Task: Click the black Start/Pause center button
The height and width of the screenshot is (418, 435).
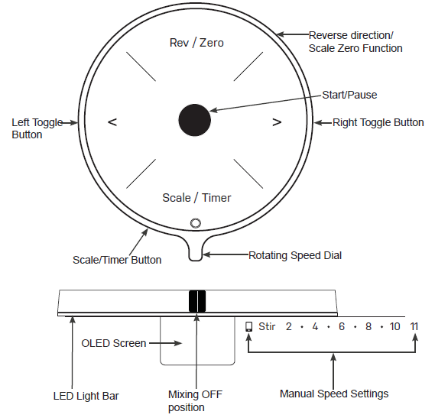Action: (x=194, y=120)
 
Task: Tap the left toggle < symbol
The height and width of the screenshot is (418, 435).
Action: (x=112, y=122)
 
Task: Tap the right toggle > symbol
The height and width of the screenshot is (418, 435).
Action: (x=277, y=122)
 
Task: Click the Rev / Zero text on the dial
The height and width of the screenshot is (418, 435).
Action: (x=196, y=43)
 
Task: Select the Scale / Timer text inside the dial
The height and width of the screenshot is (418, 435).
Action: (x=196, y=198)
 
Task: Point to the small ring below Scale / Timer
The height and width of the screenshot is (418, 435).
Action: (x=196, y=223)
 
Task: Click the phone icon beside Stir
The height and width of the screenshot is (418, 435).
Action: (x=249, y=326)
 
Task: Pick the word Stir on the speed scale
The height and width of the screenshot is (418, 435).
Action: (x=267, y=326)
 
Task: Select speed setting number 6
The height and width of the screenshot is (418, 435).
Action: (x=342, y=326)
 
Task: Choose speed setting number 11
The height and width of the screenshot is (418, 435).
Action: (x=414, y=326)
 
